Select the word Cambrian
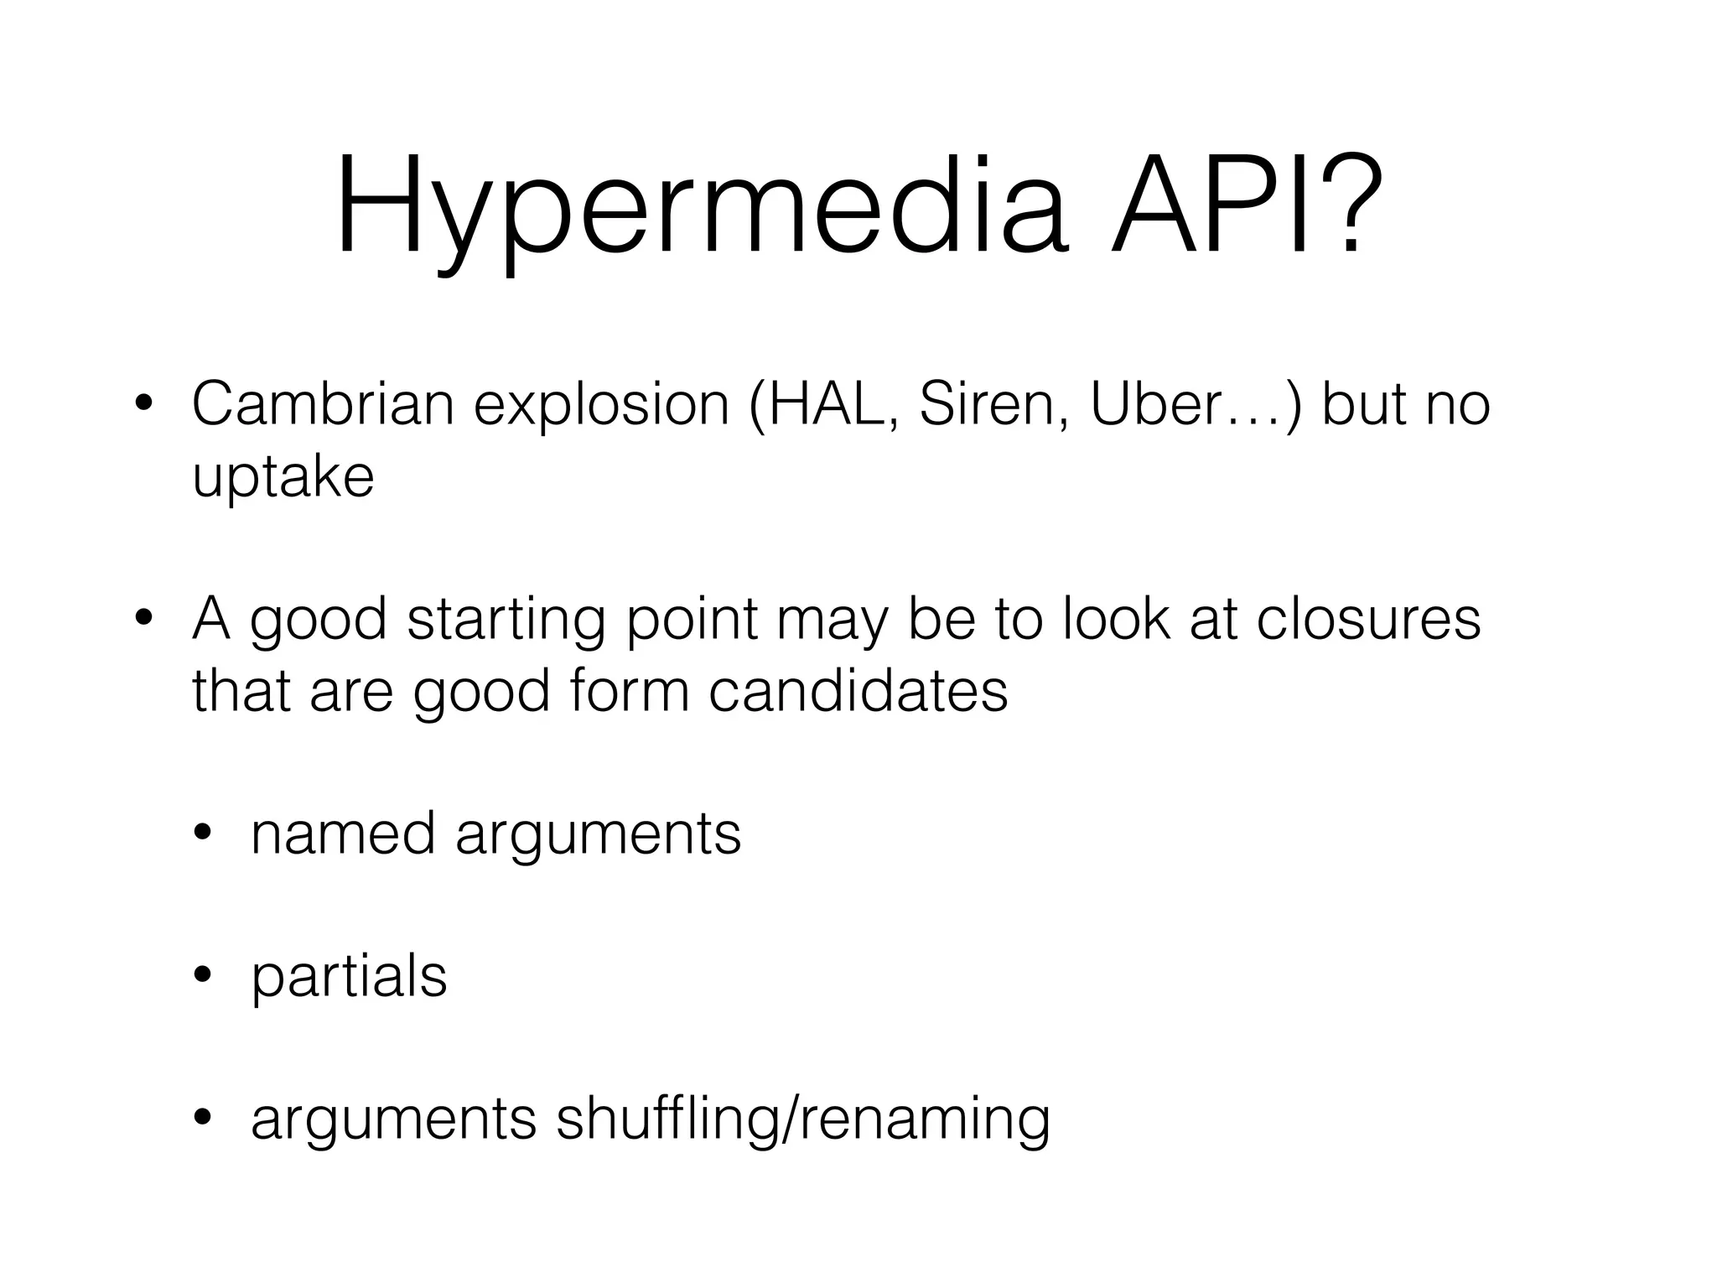point(323,404)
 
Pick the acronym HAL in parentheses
point(821,404)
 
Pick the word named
point(343,834)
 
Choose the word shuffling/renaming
point(802,1120)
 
